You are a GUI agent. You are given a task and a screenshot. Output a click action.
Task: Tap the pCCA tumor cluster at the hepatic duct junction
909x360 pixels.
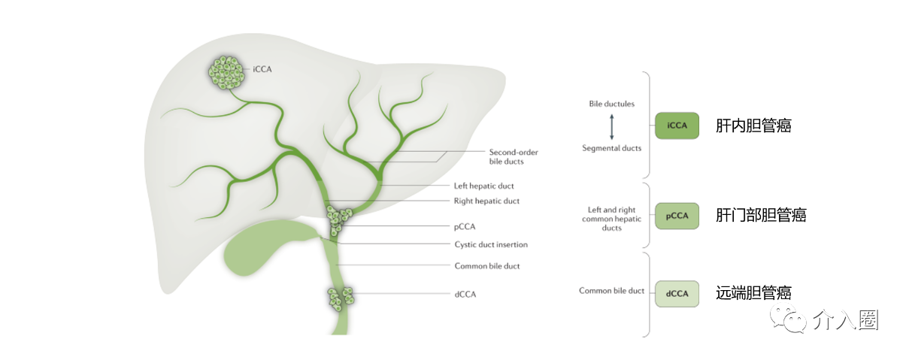tap(336, 219)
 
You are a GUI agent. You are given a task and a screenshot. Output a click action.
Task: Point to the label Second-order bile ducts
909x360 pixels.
tap(514, 156)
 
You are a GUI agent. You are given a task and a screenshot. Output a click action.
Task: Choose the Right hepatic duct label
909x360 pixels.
tap(486, 201)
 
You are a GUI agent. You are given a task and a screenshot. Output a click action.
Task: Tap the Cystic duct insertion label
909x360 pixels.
tap(491, 244)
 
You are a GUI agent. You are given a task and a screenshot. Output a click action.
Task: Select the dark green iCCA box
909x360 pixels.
tap(677, 126)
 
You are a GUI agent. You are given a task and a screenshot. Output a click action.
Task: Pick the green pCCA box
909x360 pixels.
tap(677, 216)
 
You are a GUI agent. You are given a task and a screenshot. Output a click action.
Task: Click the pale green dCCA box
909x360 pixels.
tap(677, 293)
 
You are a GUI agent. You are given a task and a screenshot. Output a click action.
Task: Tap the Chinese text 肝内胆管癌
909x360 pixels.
tap(753, 126)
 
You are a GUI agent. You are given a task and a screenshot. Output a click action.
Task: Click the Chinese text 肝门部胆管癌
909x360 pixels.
tap(761, 216)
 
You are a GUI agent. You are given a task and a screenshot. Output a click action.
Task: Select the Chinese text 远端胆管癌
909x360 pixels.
tap(753, 293)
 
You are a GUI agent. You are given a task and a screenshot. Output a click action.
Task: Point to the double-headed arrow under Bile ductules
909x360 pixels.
tap(611, 126)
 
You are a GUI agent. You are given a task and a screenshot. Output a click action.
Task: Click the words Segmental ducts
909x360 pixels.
tap(611, 148)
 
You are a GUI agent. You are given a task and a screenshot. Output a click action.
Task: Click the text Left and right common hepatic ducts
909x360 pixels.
tap(611, 218)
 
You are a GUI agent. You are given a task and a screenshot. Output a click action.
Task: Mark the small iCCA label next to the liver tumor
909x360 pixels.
tap(262, 69)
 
